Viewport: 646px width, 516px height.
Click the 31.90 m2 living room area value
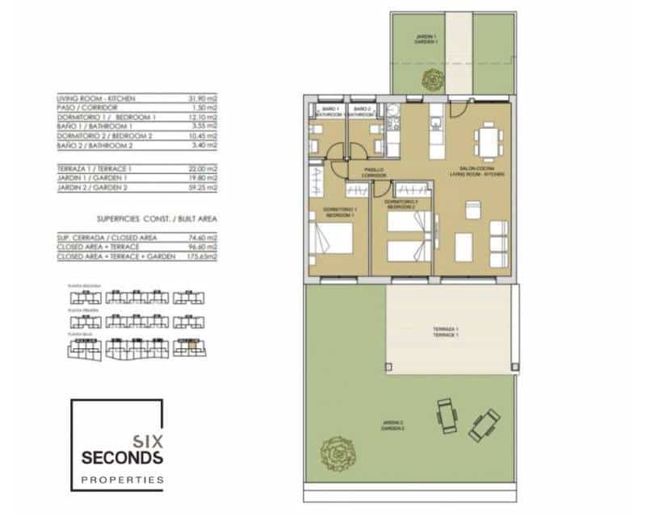click(208, 98)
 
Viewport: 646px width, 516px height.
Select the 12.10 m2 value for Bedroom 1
click(208, 117)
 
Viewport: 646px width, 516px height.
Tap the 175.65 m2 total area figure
click(206, 256)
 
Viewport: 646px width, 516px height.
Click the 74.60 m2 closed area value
click(208, 238)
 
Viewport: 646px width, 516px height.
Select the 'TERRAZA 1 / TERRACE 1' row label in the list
click(95, 169)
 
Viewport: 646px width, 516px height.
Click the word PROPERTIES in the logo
click(122, 480)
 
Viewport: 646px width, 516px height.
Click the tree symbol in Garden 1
click(432, 80)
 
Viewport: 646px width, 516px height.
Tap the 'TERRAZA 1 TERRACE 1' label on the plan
click(445, 332)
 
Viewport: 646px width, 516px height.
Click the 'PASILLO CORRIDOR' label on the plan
click(372, 172)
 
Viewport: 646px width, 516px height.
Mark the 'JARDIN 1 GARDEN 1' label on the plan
click(428, 38)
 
